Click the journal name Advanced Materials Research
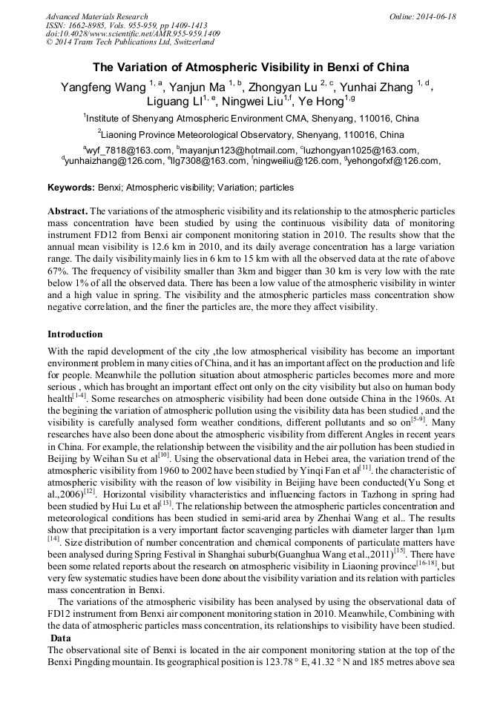pos(96,16)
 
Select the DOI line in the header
pos(133,33)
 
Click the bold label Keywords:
pos(70,188)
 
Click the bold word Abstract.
pos(68,211)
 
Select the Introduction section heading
pos(75,334)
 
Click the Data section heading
pos(62,638)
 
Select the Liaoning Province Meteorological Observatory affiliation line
pos(251,135)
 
